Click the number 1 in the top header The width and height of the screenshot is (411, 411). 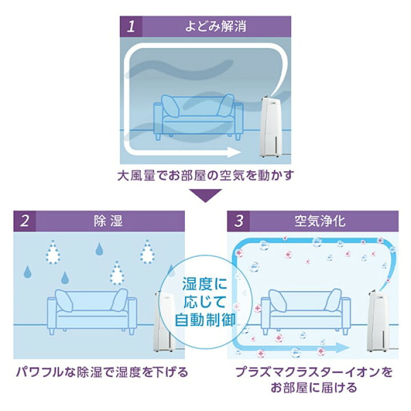[131, 26]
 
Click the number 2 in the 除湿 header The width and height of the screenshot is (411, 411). [25, 221]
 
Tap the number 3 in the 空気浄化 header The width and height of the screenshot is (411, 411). [239, 221]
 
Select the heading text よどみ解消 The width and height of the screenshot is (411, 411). [216, 26]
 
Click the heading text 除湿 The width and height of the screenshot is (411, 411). [108, 221]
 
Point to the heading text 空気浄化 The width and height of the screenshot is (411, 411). [320, 221]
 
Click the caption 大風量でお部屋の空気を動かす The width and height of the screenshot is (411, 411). [205, 175]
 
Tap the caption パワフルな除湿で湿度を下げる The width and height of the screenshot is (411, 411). [102, 372]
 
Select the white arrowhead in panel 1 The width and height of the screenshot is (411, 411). [235, 152]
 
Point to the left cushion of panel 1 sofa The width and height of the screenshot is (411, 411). [170, 106]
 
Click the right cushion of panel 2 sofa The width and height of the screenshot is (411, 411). [119, 300]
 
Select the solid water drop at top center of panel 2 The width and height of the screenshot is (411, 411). [99, 249]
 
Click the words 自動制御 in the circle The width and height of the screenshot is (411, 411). [205, 320]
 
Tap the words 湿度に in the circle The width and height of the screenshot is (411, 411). [205, 284]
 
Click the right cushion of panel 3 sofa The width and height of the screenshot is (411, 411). [333, 300]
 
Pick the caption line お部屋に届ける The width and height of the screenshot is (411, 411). [314, 388]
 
